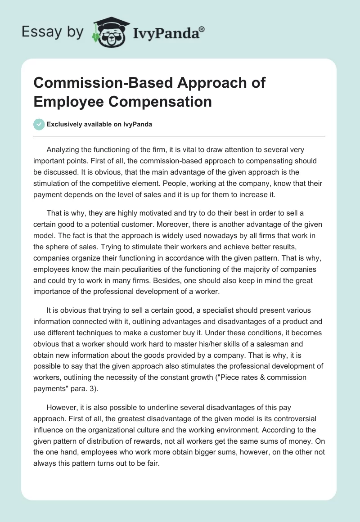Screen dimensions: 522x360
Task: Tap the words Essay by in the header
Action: point(53,32)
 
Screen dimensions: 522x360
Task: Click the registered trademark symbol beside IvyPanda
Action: point(202,28)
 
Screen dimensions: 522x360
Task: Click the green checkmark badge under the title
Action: point(39,124)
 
